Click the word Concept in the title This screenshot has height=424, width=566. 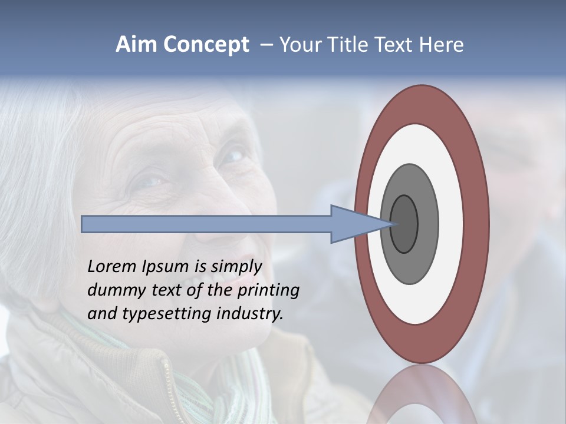click(x=206, y=45)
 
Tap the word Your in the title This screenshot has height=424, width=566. click(x=298, y=45)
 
